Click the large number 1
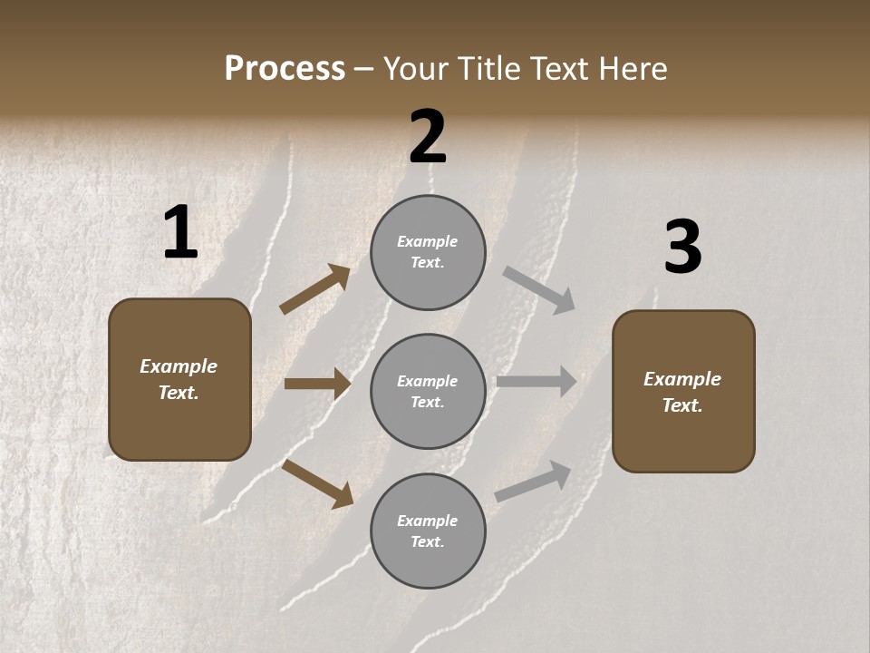[180, 233]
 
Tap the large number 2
[428, 137]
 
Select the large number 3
[682, 248]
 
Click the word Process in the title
[285, 68]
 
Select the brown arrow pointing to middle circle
[317, 384]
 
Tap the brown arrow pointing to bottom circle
[317, 482]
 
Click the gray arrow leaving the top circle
[539, 290]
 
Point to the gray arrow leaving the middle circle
[536, 381]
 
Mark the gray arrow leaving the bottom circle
[533, 482]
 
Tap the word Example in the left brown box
[179, 366]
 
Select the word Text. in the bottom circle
[428, 541]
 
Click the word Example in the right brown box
[682, 379]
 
